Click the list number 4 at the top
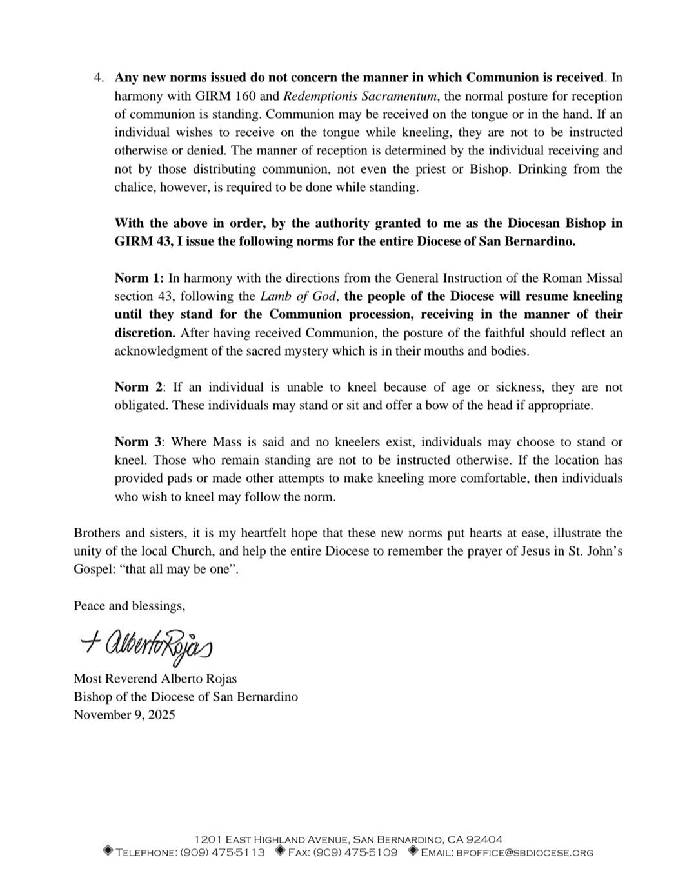coord(98,78)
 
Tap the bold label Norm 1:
coord(139,278)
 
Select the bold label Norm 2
coord(140,387)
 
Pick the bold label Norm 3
coord(140,442)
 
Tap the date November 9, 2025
coord(124,715)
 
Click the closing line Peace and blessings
coord(130,606)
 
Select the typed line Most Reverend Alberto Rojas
coord(155,679)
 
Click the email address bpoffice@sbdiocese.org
coord(524,852)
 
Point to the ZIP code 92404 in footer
coord(484,839)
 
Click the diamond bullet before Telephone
coord(108,852)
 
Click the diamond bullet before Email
coord(413,852)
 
